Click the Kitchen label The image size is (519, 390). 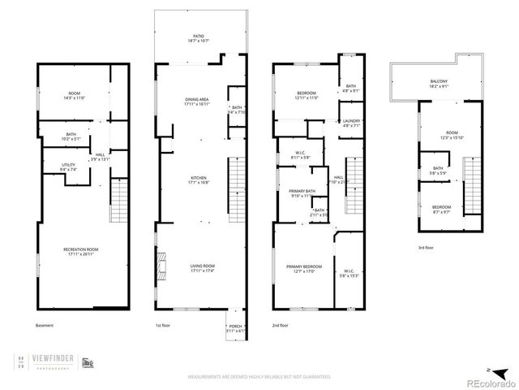point(199,180)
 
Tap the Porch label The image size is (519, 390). point(235,328)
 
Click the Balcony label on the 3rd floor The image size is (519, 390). point(439,82)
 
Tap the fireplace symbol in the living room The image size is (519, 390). point(163,265)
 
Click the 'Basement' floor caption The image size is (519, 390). point(45,326)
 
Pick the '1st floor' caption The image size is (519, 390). point(164,326)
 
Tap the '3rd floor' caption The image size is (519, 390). point(427,247)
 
